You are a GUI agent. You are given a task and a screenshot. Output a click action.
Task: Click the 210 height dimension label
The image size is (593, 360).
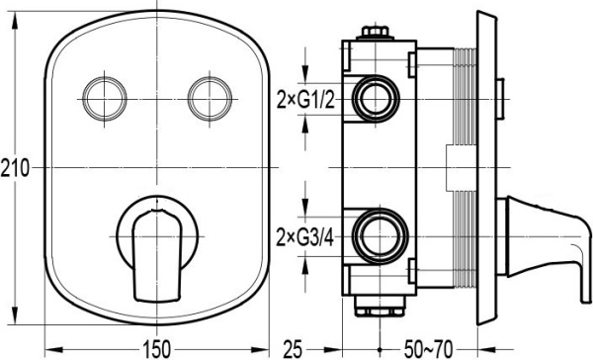coord(15,168)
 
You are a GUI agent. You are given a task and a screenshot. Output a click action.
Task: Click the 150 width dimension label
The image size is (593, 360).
coord(156,349)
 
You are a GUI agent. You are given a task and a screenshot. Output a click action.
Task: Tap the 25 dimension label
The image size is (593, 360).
coord(294,349)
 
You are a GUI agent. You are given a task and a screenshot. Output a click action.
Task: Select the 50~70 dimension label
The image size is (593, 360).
coord(428,349)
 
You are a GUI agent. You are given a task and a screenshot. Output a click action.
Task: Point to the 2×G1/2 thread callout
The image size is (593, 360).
coord(305,100)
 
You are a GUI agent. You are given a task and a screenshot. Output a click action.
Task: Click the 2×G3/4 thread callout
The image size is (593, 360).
coord(305,237)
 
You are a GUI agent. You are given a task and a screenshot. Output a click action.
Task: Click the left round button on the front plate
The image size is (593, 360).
coord(105,99)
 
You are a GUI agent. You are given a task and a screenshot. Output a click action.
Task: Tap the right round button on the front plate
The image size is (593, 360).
coord(210,99)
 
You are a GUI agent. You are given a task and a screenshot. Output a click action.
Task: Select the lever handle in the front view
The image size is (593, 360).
coord(157,255)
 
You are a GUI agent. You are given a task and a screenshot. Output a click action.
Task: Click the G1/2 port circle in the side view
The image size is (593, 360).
coord(376,99)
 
